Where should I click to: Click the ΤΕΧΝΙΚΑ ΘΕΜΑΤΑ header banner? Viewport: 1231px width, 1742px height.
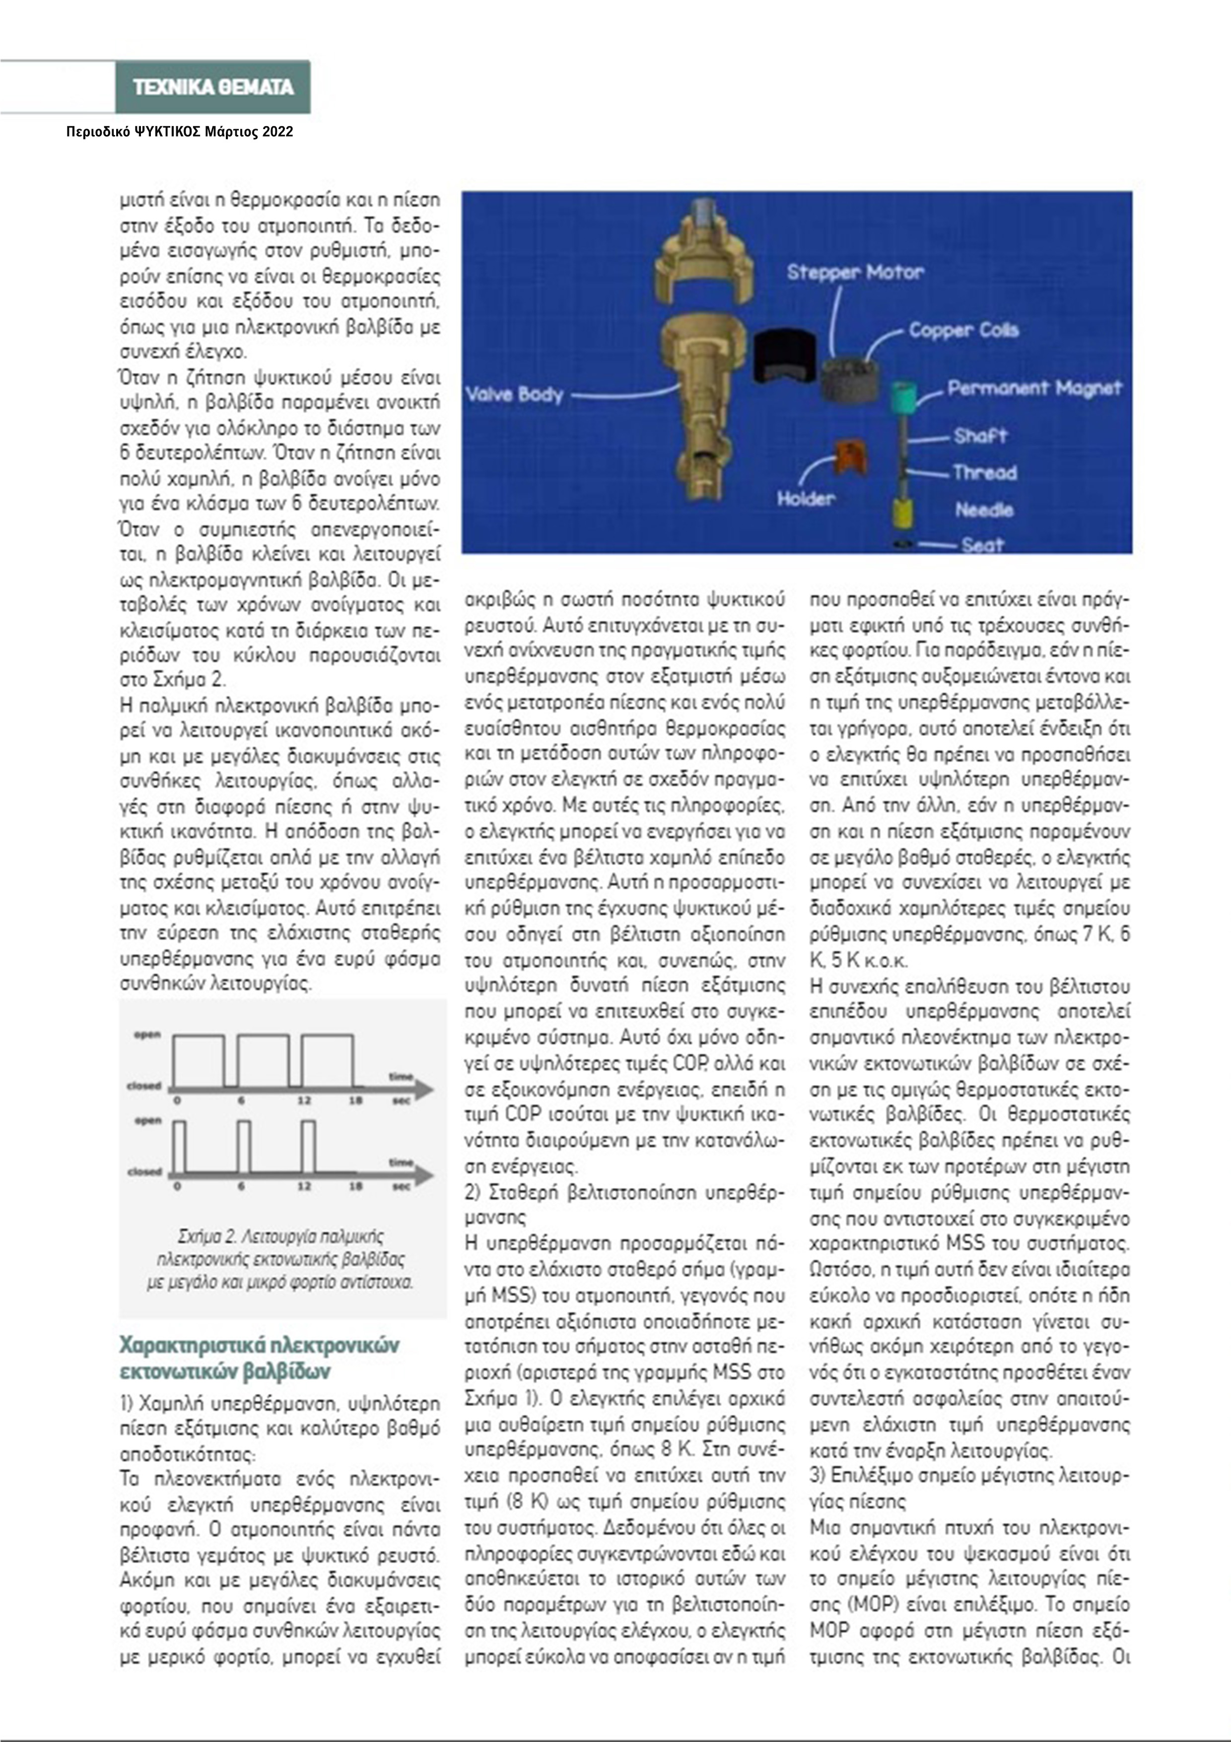pyautogui.click(x=213, y=87)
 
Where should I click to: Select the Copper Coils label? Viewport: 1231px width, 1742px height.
pyautogui.click(x=963, y=331)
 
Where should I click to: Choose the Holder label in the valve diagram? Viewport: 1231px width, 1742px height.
pyautogui.click(x=806, y=499)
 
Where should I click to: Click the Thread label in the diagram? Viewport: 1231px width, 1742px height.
pyautogui.click(x=984, y=473)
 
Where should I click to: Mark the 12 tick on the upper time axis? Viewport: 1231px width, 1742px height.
pyautogui.click(x=303, y=1100)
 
